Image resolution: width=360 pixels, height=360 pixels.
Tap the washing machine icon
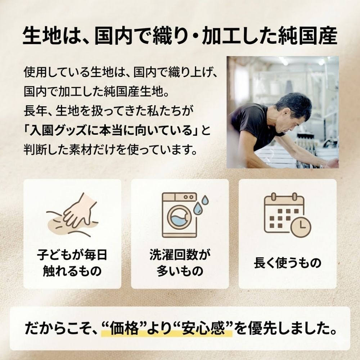(x=179, y=215)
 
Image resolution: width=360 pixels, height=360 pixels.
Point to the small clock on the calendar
(x=301, y=227)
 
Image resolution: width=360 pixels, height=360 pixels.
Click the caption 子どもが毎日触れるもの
(x=72, y=262)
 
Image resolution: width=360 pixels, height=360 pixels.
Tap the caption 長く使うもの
(x=287, y=263)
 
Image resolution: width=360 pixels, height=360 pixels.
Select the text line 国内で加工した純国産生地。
(x=96, y=90)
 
